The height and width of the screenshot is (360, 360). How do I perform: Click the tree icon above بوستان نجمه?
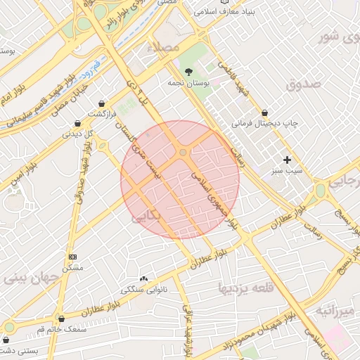(x=188, y=72)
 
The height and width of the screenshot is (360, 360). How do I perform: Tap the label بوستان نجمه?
(x=186, y=83)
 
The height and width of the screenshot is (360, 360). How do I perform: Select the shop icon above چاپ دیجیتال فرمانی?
(x=264, y=112)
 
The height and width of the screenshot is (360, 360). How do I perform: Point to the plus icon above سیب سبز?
(x=287, y=160)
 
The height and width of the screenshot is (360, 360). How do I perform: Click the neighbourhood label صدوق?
(x=303, y=85)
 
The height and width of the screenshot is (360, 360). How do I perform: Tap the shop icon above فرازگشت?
(x=103, y=103)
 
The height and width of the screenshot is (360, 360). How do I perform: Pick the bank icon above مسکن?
(x=72, y=257)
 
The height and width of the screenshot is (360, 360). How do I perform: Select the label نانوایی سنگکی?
(x=143, y=289)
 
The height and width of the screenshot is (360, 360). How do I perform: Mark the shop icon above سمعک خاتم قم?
(x=62, y=319)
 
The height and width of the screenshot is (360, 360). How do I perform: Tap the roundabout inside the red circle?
(x=183, y=153)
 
